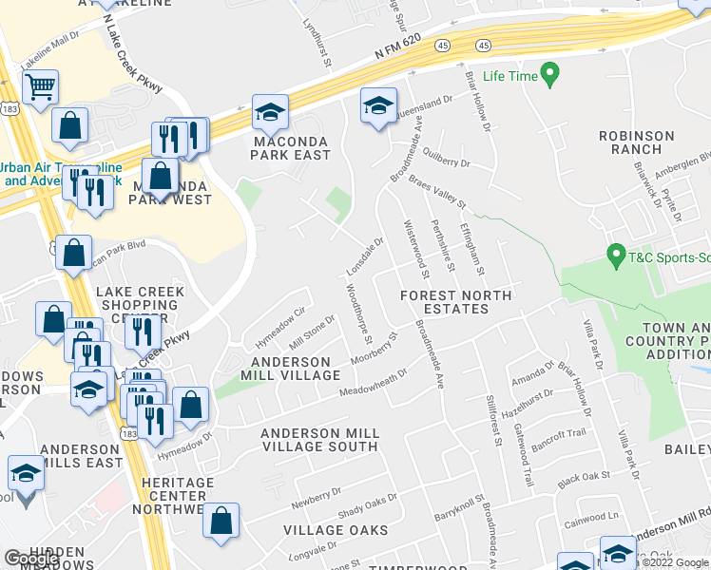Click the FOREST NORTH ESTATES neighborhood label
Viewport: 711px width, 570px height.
pyautogui.click(x=455, y=302)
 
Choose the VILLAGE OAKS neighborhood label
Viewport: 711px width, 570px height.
pyautogui.click(x=336, y=529)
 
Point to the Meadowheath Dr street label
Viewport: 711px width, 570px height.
pyautogui.click(x=374, y=386)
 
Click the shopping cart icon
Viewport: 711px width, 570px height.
pyautogui.click(x=40, y=87)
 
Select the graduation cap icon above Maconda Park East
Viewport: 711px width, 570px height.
pyautogui.click(x=270, y=112)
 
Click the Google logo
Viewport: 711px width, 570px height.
pyautogui.click(x=31, y=559)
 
